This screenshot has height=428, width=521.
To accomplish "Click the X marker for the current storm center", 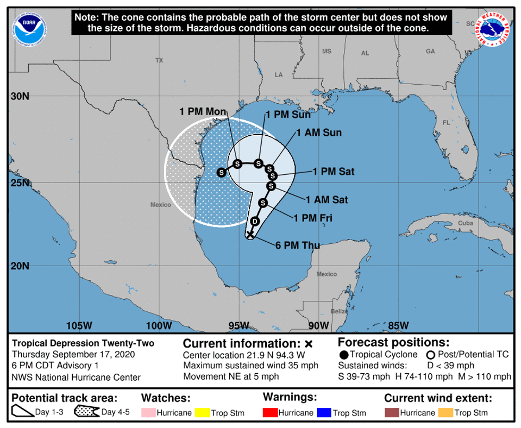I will (250, 234).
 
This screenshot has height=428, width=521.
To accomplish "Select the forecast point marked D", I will (255, 221).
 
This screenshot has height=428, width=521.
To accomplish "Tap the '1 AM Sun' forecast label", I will (320, 133).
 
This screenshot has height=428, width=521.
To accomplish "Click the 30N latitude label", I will (20, 97).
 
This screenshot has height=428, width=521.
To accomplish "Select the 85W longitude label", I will (398, 326).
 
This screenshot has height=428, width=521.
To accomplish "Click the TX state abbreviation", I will (159, 61).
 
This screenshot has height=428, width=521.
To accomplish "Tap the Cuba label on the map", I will (465, 224).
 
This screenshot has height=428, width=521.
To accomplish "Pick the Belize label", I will (339, 311).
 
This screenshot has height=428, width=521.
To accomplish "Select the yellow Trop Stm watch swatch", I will (201, 413).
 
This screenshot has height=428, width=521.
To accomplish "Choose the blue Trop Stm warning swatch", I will (324, 413).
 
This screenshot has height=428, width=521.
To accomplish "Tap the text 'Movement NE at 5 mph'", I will (231, 376).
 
